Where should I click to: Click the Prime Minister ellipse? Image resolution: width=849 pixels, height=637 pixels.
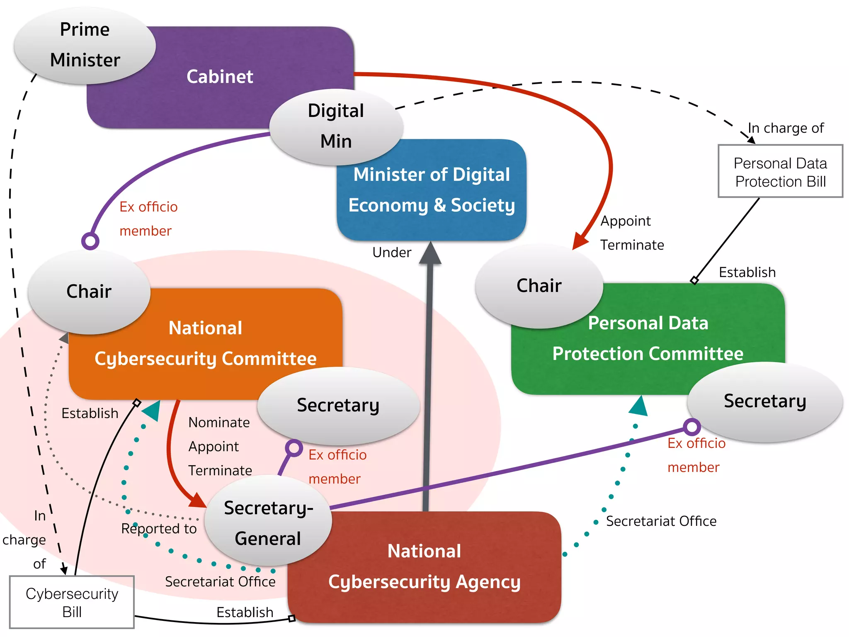point(85,45)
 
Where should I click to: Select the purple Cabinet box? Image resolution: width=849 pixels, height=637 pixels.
point(220,77)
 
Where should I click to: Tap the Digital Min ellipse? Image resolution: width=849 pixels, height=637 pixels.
point(336,126)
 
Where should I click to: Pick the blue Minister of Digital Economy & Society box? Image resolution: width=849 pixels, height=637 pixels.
point(432,190)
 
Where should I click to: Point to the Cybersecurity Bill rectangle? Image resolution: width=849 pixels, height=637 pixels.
point(72,602)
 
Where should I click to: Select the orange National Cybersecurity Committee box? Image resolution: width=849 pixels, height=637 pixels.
point(206,343)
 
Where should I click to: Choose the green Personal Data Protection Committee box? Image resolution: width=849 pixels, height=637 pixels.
point(648,338)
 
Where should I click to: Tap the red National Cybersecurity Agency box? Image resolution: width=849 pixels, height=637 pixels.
point(424,566)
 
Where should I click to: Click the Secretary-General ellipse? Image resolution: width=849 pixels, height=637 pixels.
point(268,523)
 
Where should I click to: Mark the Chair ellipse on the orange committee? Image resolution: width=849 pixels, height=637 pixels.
point(89,291)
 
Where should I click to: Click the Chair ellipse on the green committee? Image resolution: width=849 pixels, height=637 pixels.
point(539,286)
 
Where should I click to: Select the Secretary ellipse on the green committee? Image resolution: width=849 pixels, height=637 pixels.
point(765,401)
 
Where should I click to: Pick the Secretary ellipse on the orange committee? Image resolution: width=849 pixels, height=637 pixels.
point(338,405)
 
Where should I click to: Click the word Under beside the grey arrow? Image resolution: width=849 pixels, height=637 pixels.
point(392,253)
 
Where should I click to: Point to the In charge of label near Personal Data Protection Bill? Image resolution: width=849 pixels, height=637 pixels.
point(786,128)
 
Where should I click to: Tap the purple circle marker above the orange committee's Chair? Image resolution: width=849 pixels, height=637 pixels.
point(90,241)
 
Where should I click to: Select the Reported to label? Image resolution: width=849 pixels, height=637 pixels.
point(159,529)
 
